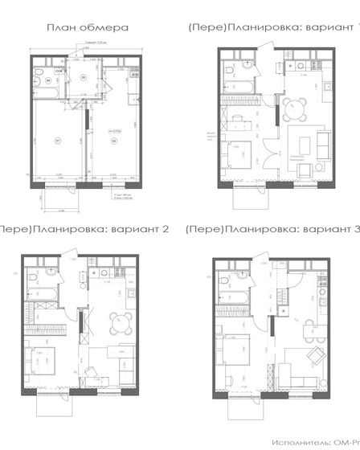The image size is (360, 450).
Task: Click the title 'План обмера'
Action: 88,27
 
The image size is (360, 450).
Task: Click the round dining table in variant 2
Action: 118,321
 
